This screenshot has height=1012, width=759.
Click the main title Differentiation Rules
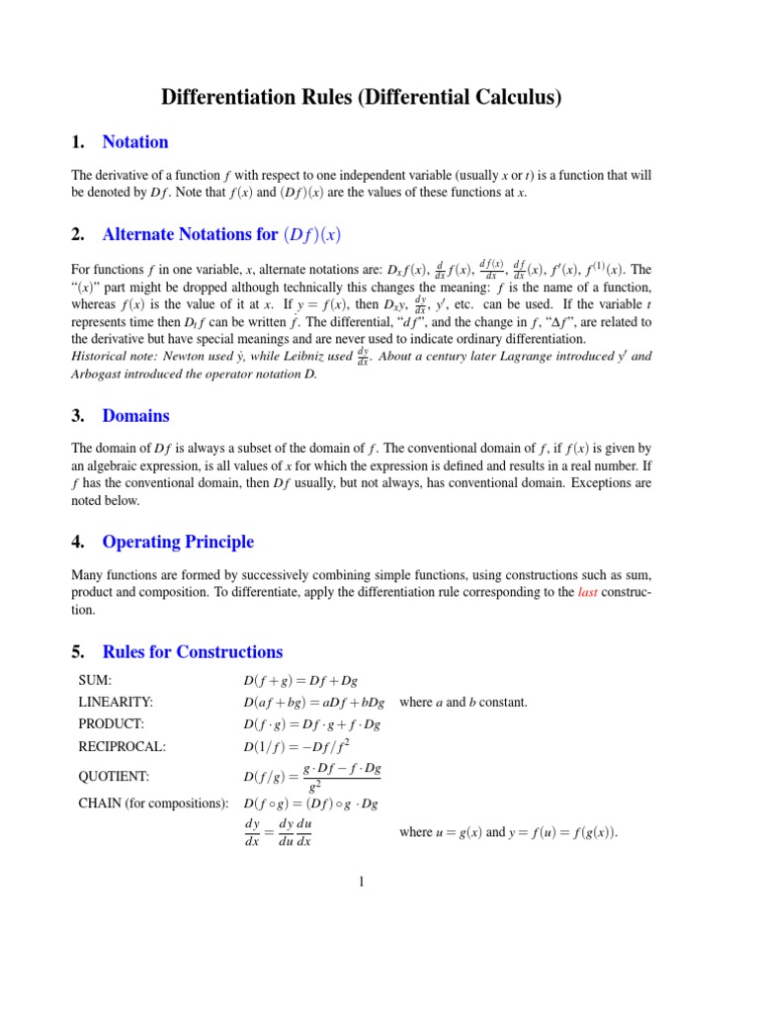tap(362, 97)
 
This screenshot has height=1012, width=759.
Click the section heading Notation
tap(134, 141)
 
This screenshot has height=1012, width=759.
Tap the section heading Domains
tap(135, 415)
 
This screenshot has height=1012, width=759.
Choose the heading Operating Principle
tap(178, 542)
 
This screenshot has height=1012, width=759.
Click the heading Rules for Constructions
tap(192, 651)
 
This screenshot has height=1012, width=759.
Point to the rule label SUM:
tap(95, 680)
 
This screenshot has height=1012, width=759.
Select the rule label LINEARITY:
tap(116, 702)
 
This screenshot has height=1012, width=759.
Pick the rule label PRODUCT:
tap(111, 723)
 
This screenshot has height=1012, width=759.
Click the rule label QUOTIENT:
tap(114, 777)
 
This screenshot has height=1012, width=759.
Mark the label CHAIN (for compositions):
tap(153, 802)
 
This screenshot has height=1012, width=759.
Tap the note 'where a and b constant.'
tap(464, 702)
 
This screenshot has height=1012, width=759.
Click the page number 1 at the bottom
tap(362, 881)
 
